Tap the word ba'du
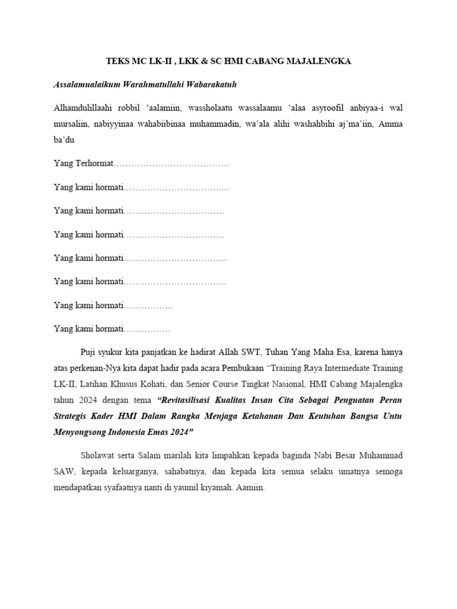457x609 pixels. [x=64, y=140]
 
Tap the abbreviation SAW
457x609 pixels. [x=64, y=472]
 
